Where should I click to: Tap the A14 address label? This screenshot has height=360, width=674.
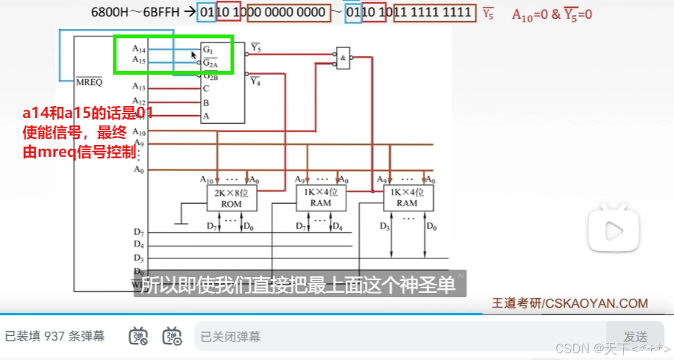tap(140, 49)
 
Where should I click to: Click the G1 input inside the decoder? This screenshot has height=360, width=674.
tap(207, 49)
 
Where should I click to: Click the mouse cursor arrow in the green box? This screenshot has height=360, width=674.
tap(194, 55)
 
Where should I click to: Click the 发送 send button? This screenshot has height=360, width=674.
tap(635, 336)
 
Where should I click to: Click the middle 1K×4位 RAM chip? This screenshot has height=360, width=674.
tap(322, 197)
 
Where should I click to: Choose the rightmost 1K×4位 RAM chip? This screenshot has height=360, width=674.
tap(407, 197)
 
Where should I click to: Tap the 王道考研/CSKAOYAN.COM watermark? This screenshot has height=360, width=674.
tap(570, 303)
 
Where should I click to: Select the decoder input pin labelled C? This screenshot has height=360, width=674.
tap(206, 88)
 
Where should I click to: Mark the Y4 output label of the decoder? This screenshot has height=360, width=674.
tap(255, 81)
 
